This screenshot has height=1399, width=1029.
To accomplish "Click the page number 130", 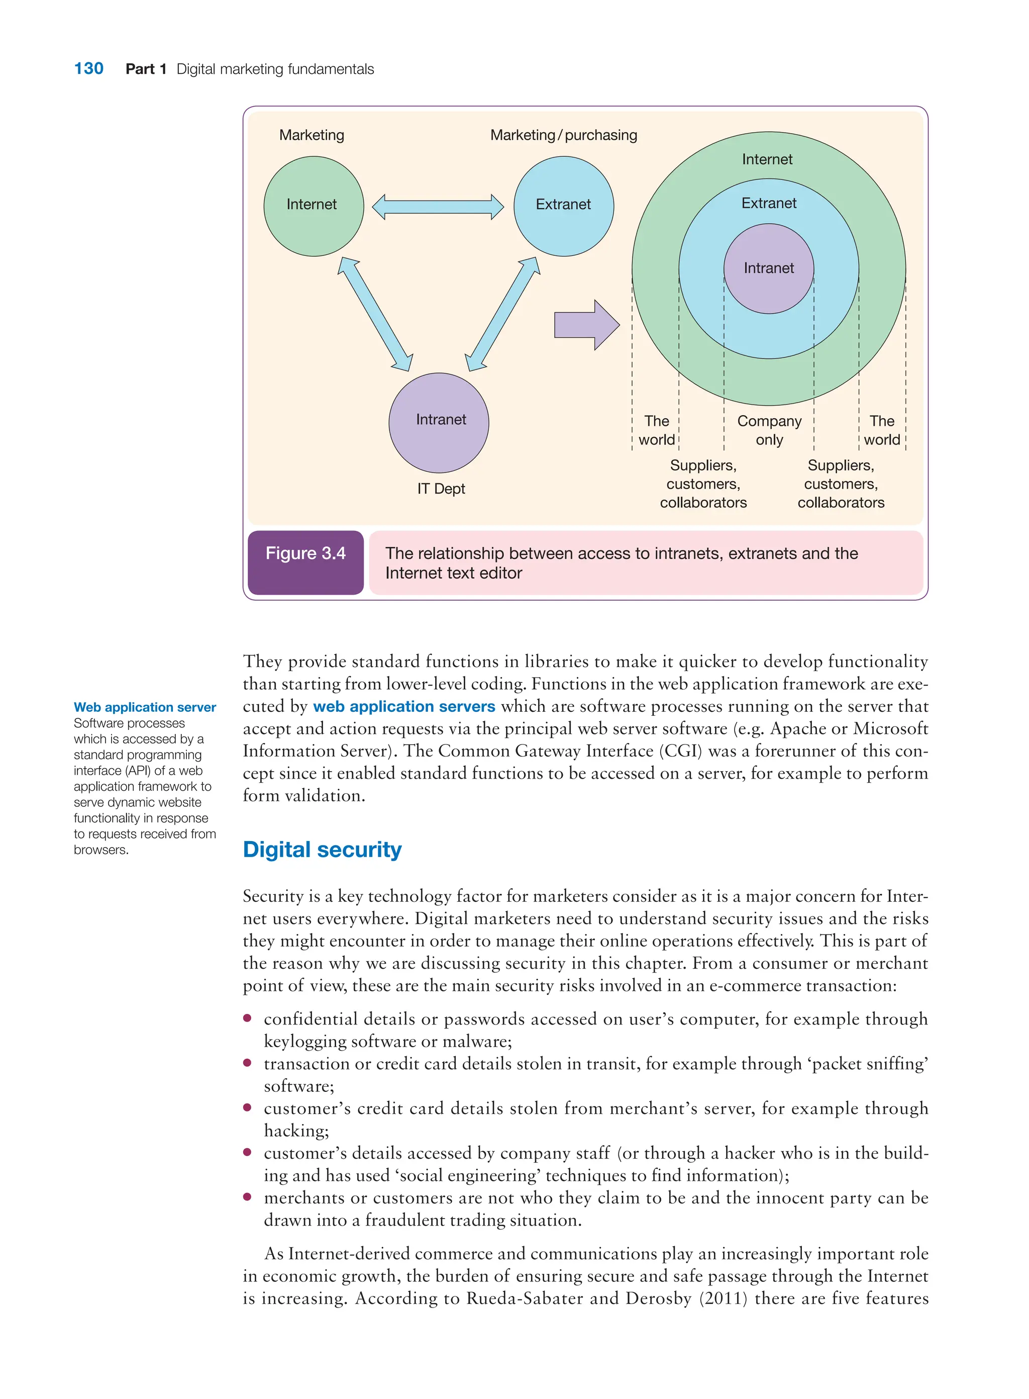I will (x=88, y=68).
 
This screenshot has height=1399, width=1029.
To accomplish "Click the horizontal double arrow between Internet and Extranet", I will (x=438, y=207).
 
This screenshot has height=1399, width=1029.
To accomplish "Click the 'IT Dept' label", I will (x=441, y=489).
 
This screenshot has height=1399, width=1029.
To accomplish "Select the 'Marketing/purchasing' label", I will (x=563, y=135).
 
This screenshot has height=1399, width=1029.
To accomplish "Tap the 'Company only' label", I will (x=769, y=430).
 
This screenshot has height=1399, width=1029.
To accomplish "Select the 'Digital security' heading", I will (x=322, y=850).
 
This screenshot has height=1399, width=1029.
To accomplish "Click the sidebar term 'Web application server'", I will (x=145, y=707).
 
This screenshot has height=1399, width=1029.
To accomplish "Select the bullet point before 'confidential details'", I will (x=247, y=1018).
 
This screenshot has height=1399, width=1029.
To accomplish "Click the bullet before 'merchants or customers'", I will (x=247, y=1197).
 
